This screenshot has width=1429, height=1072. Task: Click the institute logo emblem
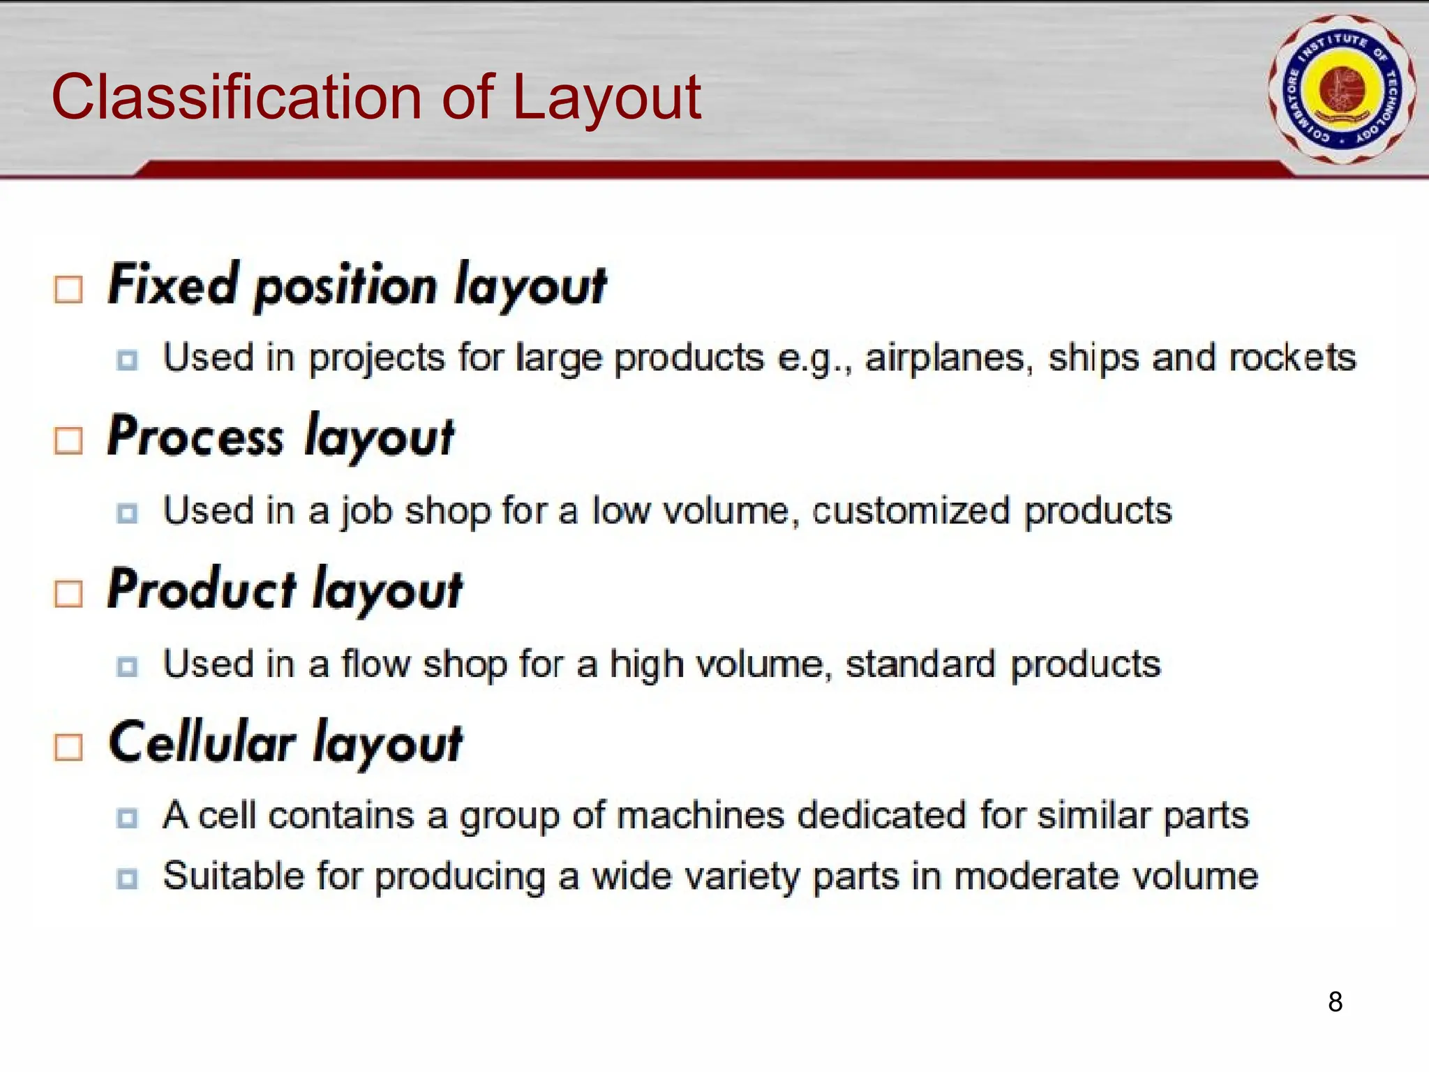tap(1341, 89)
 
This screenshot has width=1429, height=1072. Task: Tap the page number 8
tap(1335, 1002)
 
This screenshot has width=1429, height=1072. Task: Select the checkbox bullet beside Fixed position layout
tap(68, 289)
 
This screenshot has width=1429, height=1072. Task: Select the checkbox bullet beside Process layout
tap(68, 441)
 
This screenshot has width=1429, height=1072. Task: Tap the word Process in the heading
tap(195, 437)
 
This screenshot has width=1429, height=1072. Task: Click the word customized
tap(911, 511)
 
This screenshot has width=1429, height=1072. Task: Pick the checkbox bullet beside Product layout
tap(68, 594)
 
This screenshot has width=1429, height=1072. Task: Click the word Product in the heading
tap(202, 590)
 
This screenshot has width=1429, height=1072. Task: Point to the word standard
tap(920, 664)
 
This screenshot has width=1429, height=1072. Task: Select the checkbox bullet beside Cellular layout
tap(68, 747)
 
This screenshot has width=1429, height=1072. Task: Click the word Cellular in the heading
tap(202, 743)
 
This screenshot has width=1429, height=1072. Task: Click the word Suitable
tap(234, 876)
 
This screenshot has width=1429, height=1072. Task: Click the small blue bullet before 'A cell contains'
tap(127, 817)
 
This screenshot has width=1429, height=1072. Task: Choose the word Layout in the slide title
tap(606, 98)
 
